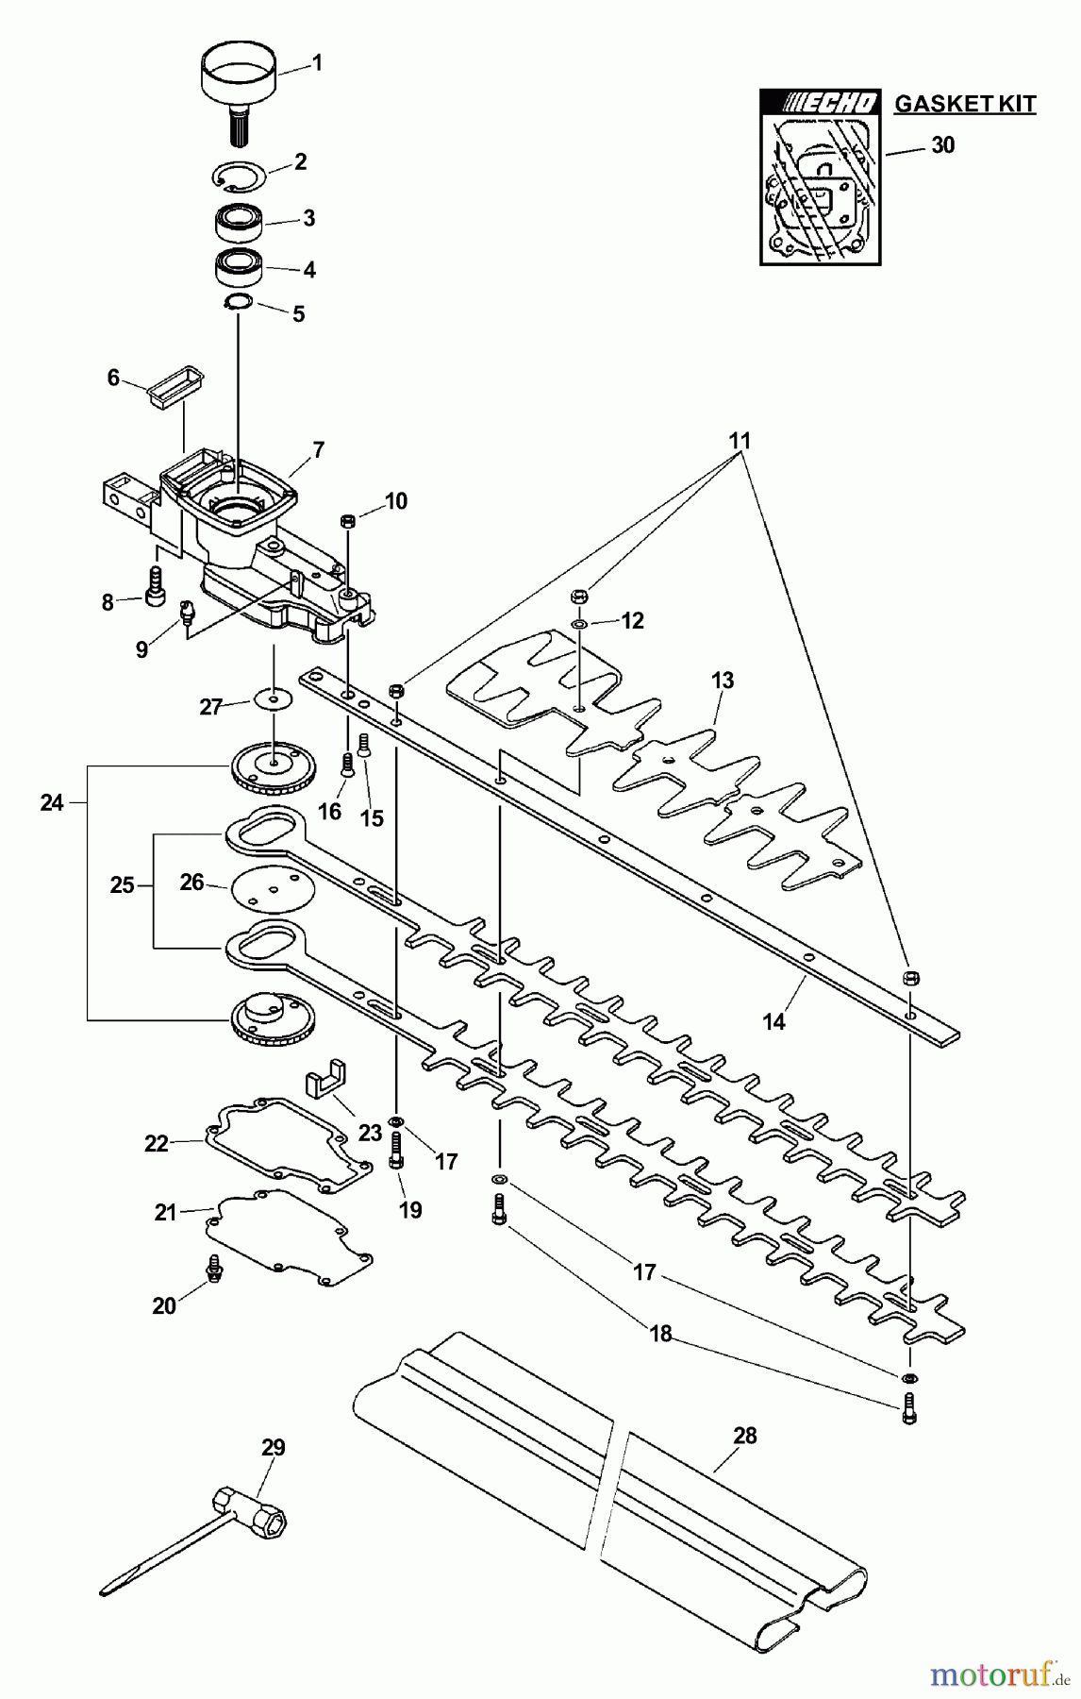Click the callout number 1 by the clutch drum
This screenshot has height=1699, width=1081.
317,63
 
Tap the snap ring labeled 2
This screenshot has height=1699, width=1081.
238,176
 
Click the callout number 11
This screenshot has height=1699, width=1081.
740,440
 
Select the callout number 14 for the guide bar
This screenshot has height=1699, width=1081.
773,1021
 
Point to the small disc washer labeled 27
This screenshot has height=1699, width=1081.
274,699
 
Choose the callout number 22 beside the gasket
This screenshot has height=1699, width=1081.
156,1144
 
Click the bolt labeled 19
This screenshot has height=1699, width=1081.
395,1151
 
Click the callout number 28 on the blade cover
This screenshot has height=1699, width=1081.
744,1436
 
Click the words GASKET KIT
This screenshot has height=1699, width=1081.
964,104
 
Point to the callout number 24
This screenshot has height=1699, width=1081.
52,803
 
